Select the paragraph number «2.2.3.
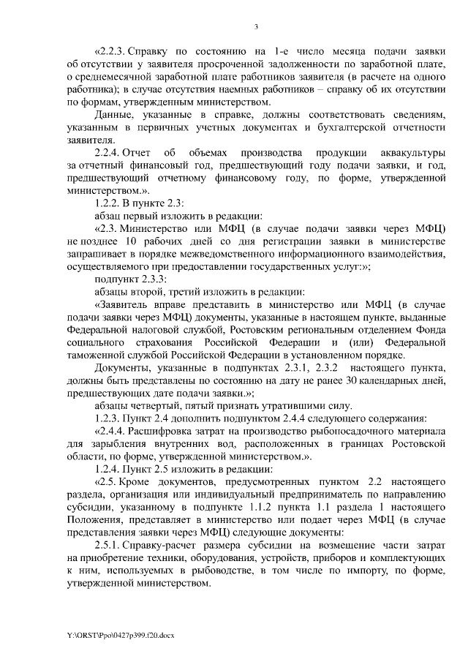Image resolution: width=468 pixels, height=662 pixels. click(108, 52)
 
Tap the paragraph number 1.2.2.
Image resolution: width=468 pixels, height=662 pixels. click(107, 203)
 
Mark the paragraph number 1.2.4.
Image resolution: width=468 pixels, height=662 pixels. click(107, 467)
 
